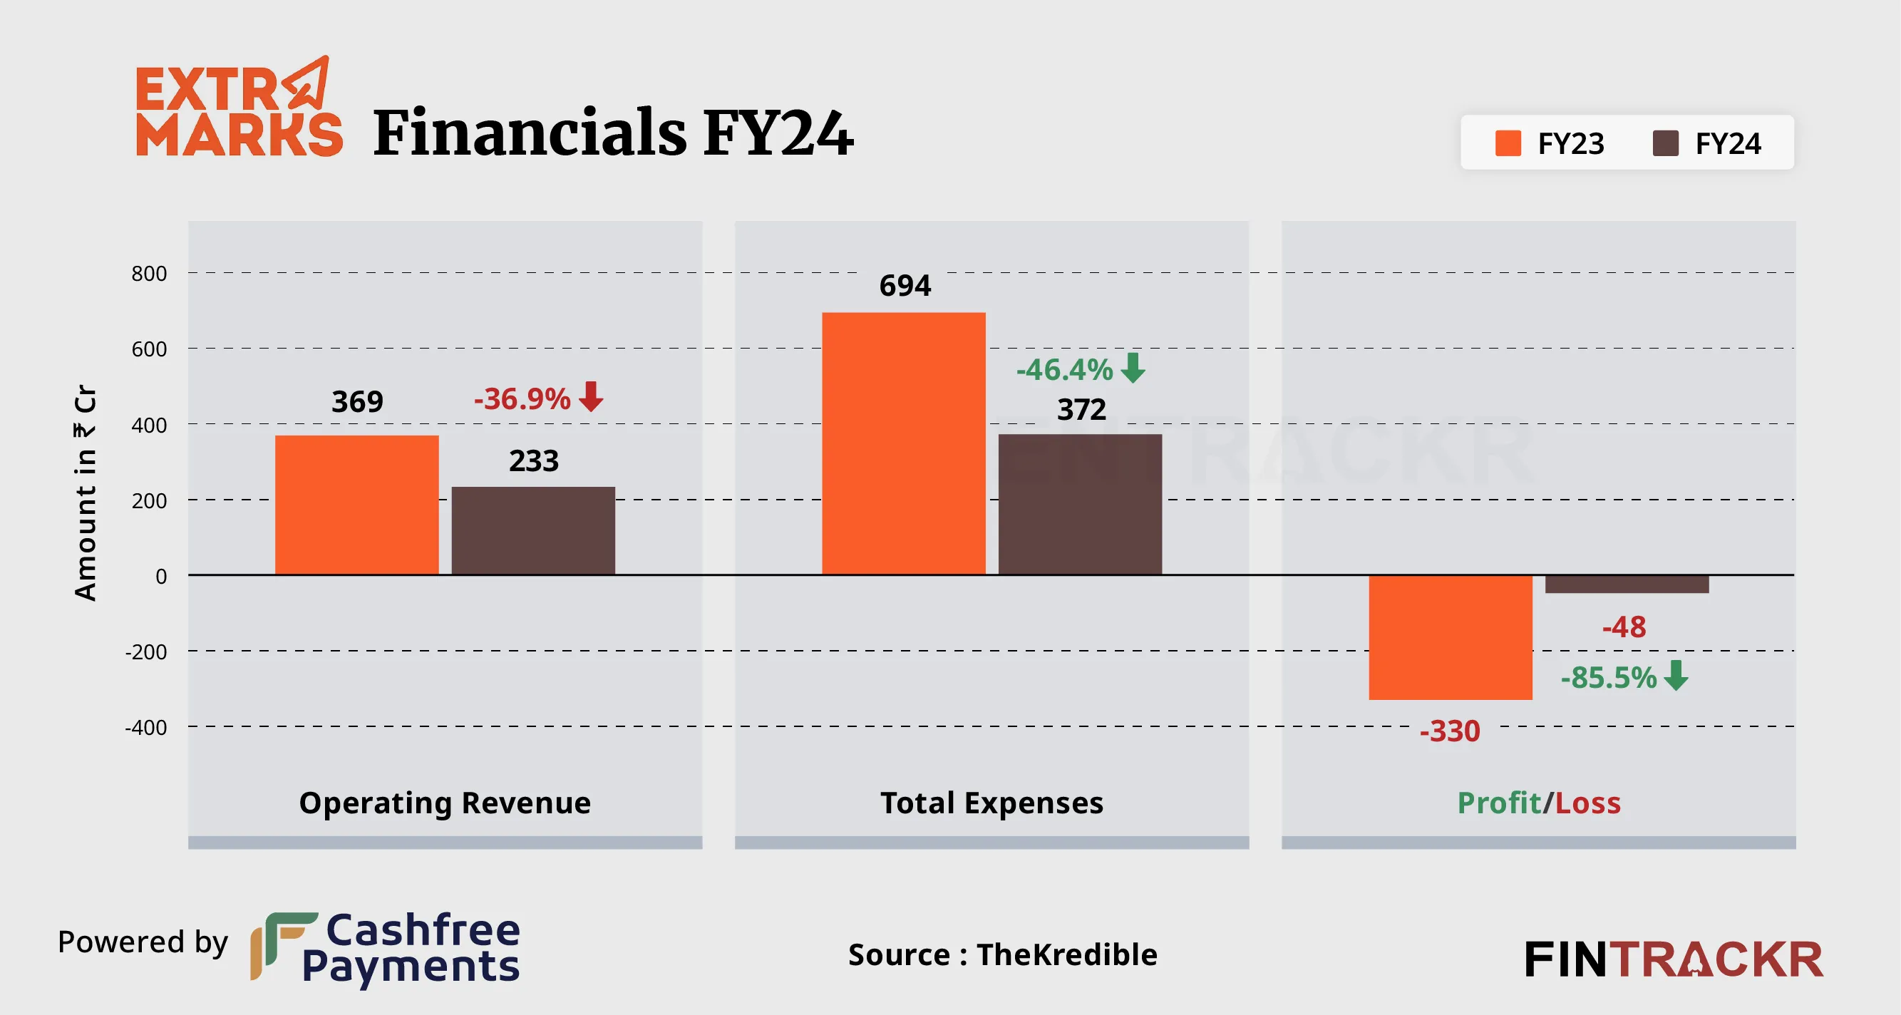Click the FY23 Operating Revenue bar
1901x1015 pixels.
(x=356, y=505)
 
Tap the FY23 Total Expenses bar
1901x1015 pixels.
(x=903, y=443)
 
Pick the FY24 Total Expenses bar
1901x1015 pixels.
(x=1080, y=504)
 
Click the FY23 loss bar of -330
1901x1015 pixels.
(x=1450, y=637)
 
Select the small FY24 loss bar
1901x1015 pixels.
(x=1627, y=584)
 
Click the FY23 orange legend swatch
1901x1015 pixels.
(x=1508, y=143)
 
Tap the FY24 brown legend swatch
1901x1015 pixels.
(x=1666, y=143)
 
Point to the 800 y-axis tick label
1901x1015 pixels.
(x=149, y=274)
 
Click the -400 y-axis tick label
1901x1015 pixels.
(x=146, y=728)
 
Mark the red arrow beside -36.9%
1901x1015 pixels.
(x=591, y=396)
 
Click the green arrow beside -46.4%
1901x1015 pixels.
(x=1133, y=368)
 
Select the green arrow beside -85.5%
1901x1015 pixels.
(x=1676, y=675)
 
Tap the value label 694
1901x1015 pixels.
(x=905, y=286)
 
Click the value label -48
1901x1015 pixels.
(x=1624, y=627)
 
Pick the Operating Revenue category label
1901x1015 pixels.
(x=445, y=803)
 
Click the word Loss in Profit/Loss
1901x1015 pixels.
(x=1587, y=803)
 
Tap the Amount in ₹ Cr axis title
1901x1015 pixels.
(x=86, y=493)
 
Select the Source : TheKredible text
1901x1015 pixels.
(x=1002, y=954)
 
